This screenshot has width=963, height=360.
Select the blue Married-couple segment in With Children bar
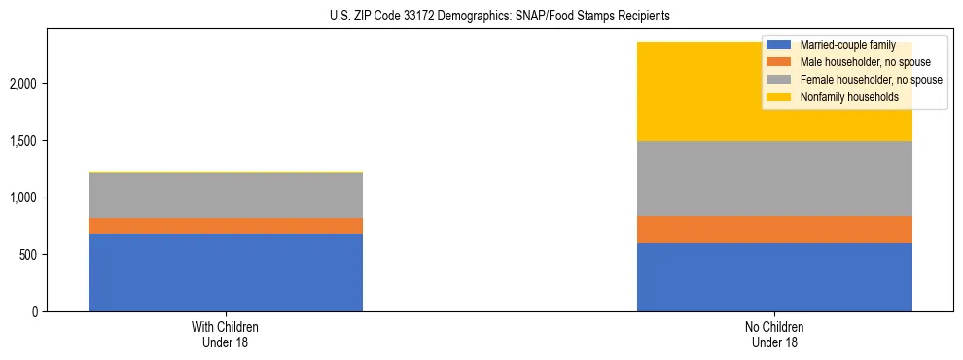pyautogui.click(x=226, y=272)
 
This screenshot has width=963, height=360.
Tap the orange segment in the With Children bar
pyautogui.click(x=226, y=226)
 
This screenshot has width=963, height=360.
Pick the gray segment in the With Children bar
pyautogui.click(x=226, y=196)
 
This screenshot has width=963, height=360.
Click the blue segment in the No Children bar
pyautogui.click(x=774, y=277)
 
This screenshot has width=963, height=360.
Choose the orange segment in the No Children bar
pyautogui.click(x=774, y=230)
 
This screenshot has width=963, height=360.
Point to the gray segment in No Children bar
pyautogui.click(x=774, y=179)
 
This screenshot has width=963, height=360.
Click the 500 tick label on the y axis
pyautogui.click(x=26, y=255)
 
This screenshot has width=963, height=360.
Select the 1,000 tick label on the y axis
pyautogui.click(x=22, y=198)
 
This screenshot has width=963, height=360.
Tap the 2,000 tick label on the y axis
pyautogui.click(x=22, y=84)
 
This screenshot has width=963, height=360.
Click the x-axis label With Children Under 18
pyautogui.click(x=226, y=334)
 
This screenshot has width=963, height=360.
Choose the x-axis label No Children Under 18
pyautogui.click(x=774, y=334)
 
